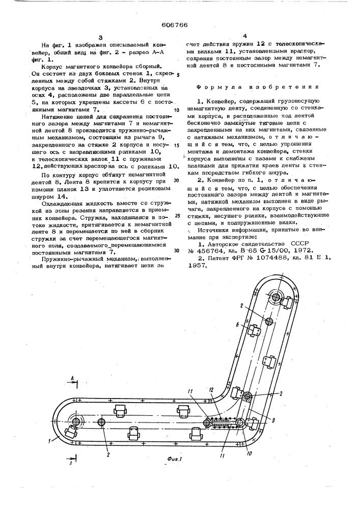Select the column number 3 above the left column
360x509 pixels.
(101, 37)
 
